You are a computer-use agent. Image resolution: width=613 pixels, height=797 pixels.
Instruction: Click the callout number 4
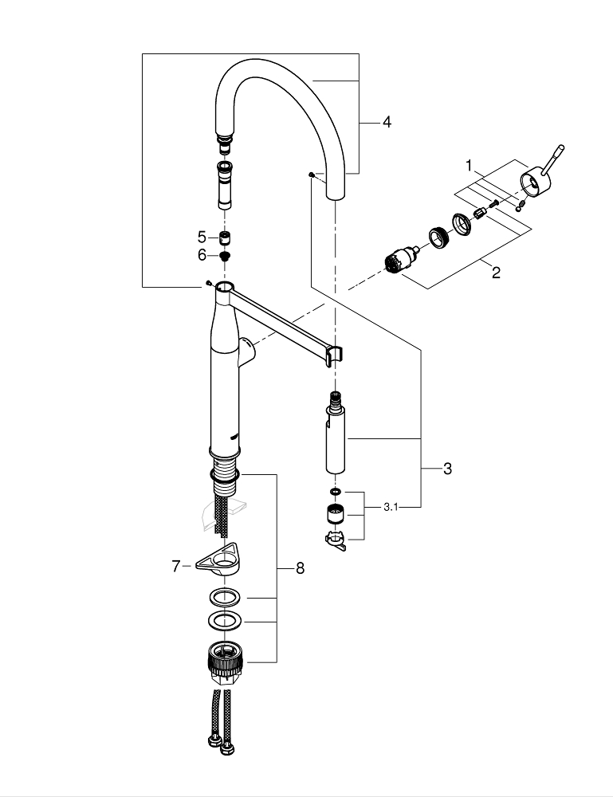(x=387, y=122)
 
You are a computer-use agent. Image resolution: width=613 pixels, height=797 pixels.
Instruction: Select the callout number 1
(x=470, y=167)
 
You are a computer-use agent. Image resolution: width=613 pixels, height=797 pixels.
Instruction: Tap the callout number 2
(x=496, y=273)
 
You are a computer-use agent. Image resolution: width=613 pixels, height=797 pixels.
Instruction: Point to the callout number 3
(x=447, y=469)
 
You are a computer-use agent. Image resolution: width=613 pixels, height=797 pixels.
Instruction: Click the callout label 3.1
(x=391, y=507)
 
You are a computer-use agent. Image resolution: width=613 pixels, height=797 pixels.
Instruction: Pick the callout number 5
(x=202, y=237)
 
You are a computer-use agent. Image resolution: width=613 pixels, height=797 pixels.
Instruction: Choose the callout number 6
(x=202, y=255)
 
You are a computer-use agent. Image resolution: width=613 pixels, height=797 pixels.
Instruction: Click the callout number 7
(x=176, y=566)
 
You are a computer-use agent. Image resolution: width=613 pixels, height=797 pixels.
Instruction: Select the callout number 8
(x=300, y=568)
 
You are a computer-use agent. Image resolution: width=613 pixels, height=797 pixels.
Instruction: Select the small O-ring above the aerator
(x=335, y=492)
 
